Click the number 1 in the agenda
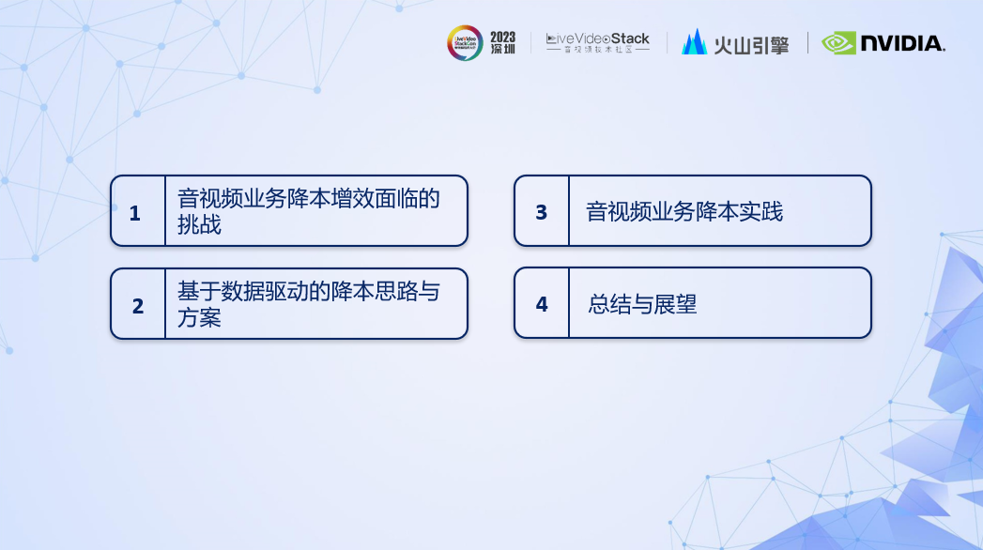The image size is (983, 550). (x=135, y=213)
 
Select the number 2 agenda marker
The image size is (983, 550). (x=138, y=306)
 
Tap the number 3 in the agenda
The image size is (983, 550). (x=542, y=212)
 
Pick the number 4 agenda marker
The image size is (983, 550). (x=542, y=304)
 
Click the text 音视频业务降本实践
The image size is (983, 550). (x=684, y=212)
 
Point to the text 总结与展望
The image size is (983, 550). (x=642, y=304)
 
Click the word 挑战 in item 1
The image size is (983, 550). (x=199, y=225)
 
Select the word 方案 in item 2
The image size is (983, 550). (x=199, y=317)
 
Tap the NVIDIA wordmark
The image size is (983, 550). (x=903, y=43)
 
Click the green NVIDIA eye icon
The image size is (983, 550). (x=838, y=43)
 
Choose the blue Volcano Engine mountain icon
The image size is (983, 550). (x=694, y=42)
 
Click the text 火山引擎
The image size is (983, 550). (x=751, y=45)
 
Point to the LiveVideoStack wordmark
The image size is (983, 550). (x=597, y=38)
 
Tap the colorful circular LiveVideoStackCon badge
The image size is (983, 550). (x=465, y=42)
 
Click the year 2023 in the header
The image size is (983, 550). (x=503, y=37)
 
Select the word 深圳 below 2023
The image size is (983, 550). (x=503, y=49)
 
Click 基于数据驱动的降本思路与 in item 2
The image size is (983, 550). (x=309, y=291)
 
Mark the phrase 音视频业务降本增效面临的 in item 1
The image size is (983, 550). (x=309, y=199)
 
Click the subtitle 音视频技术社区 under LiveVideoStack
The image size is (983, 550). (x=598, y=50)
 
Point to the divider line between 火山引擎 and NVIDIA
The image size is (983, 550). (x=807, y=42)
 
